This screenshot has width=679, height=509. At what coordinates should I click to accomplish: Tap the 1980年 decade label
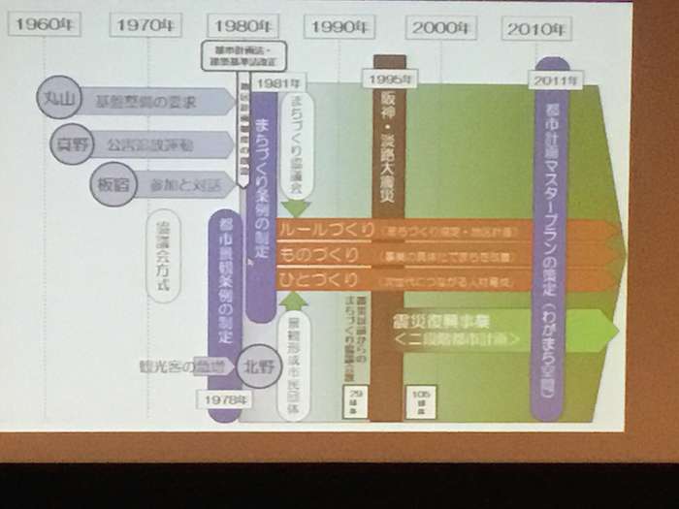(242, 26)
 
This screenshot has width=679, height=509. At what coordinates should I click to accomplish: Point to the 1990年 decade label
(339, 28)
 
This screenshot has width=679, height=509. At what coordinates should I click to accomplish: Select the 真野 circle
(73, 145)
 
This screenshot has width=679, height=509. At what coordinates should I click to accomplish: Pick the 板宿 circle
(110, 182)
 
